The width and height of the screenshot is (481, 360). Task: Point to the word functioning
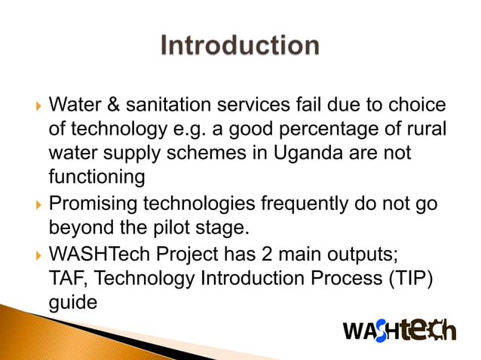point(97,178)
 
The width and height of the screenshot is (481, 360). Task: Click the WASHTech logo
point(399,329)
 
